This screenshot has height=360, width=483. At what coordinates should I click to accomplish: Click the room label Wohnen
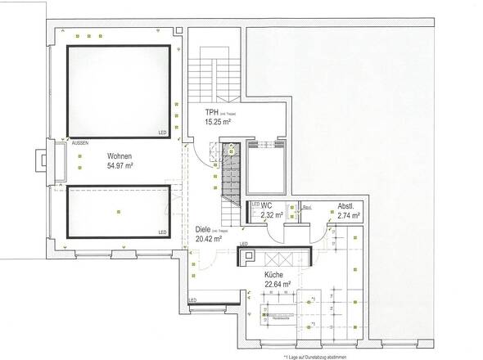coord(119,155)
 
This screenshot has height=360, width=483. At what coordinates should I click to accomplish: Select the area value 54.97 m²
coord(120,165)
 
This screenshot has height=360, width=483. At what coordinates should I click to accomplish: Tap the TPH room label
coord(212,111)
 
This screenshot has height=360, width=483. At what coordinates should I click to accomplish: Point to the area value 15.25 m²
coord(217,121)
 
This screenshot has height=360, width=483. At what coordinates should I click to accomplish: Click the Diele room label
coord(203,230)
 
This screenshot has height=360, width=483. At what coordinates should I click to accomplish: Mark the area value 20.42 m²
coord(209,240)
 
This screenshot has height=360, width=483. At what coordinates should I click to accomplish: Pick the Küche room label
coord(273,276)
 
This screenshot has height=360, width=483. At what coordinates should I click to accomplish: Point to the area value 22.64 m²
coord(278,286)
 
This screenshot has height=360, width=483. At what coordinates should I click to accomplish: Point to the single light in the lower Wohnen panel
coord(118,211)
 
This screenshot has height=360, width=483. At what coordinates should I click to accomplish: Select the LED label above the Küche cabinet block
coord(243,245)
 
